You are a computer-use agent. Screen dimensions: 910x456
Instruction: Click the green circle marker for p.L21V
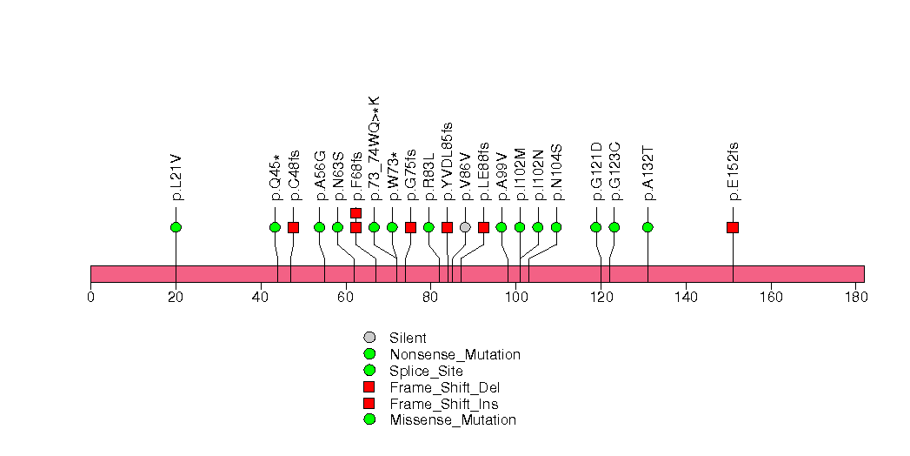176,227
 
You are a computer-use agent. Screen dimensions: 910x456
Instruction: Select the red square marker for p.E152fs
733,227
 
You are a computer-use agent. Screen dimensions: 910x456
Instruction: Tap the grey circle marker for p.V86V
465,227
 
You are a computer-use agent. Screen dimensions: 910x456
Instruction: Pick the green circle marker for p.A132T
648,227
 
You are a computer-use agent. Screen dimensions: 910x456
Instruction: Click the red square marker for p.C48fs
293,227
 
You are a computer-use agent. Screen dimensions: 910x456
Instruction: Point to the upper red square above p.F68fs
355,213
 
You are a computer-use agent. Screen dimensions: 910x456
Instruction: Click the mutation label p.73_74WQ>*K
374,149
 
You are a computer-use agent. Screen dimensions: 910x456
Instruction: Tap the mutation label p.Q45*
276,178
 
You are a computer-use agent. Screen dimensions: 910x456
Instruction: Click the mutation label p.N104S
556,172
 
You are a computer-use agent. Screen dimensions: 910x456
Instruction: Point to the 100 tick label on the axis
516,298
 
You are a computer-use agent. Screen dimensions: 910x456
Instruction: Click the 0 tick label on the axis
90,298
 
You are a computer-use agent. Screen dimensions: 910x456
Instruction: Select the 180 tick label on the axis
856,298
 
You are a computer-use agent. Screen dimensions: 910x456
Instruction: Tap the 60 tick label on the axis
346,298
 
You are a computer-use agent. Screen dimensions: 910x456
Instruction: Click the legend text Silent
408,338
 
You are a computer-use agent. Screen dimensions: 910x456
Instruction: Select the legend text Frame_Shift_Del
444,387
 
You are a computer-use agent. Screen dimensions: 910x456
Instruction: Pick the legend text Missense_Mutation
453,420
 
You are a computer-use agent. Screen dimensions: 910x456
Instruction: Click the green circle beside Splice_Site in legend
369,370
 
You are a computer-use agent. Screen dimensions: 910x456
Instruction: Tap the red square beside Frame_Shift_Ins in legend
369,403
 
